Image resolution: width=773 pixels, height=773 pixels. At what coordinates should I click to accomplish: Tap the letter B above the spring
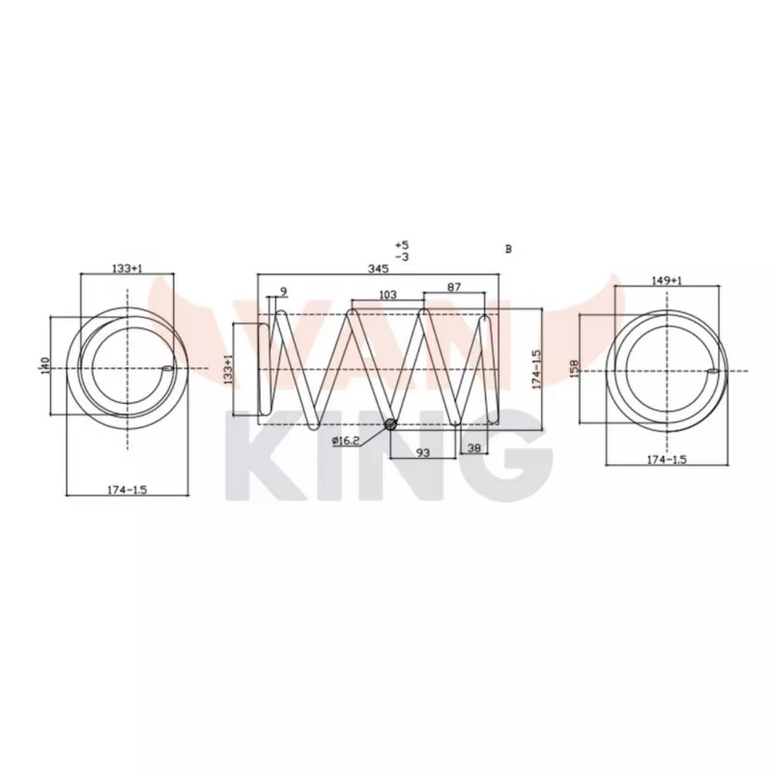[508, 248]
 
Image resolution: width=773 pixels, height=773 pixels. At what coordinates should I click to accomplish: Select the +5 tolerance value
[402, 244]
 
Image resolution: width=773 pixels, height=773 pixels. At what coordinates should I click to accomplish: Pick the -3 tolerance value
[402, 257]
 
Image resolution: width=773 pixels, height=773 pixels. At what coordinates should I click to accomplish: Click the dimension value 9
[283, 291]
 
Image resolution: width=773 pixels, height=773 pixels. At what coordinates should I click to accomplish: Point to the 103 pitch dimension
[388, 295]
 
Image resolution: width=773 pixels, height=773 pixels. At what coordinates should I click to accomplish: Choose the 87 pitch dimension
[454, 287]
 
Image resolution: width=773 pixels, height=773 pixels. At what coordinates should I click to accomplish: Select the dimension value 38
[474, 448]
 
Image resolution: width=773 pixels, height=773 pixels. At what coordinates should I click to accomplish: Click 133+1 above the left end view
[127, 269]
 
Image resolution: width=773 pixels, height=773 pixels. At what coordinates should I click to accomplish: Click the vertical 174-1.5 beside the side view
[536, 368]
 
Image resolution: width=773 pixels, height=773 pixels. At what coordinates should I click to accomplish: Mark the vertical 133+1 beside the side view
[229, 369]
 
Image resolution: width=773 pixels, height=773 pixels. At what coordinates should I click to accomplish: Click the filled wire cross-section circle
[390, 424]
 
